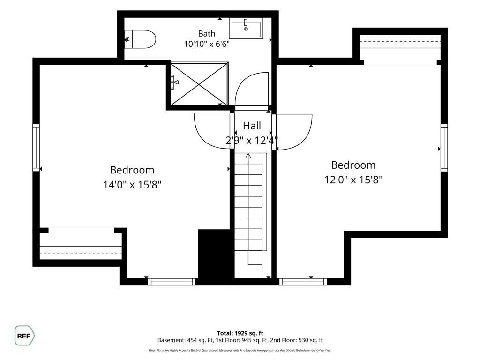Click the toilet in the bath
point(140,39)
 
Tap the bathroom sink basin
point(246,29)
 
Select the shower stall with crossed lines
point(199,84)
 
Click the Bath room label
point(207,33)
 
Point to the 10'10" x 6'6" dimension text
point(207,44)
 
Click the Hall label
point(252,126)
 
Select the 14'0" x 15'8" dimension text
point(132,185)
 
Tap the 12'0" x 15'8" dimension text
point(353,180)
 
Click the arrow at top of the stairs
point(248,156)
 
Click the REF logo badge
point(24,336)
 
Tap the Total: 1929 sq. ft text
point(240,333)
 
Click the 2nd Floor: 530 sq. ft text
point(296,340)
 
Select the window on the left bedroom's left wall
point(36,148)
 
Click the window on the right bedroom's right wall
point(444,148)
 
